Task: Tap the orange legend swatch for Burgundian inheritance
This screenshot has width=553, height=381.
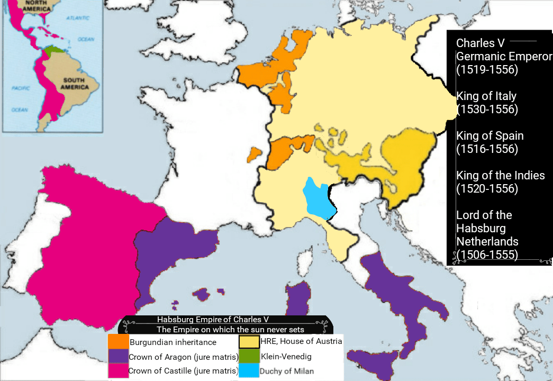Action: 118,342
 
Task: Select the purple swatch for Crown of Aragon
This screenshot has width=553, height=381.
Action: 118,356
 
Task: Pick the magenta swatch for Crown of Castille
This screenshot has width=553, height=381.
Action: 118,370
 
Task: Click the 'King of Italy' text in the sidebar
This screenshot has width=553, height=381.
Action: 486,96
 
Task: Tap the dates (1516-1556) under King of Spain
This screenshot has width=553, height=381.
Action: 486,149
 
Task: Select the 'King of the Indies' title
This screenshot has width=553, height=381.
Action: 500,176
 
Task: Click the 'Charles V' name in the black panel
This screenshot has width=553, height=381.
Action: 481,43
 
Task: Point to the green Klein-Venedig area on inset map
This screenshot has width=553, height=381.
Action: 52,52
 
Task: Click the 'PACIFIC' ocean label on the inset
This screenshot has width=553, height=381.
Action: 20,88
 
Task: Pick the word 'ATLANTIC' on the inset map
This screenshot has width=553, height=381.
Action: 78,19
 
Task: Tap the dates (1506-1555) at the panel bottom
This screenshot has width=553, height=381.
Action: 486,255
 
